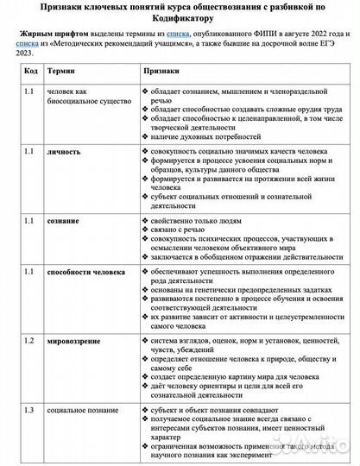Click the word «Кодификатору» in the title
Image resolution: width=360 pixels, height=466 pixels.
pyautogui.click(x=180, y=16)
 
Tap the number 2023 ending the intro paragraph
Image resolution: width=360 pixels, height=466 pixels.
pyautogui.click(x=31, y=52)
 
